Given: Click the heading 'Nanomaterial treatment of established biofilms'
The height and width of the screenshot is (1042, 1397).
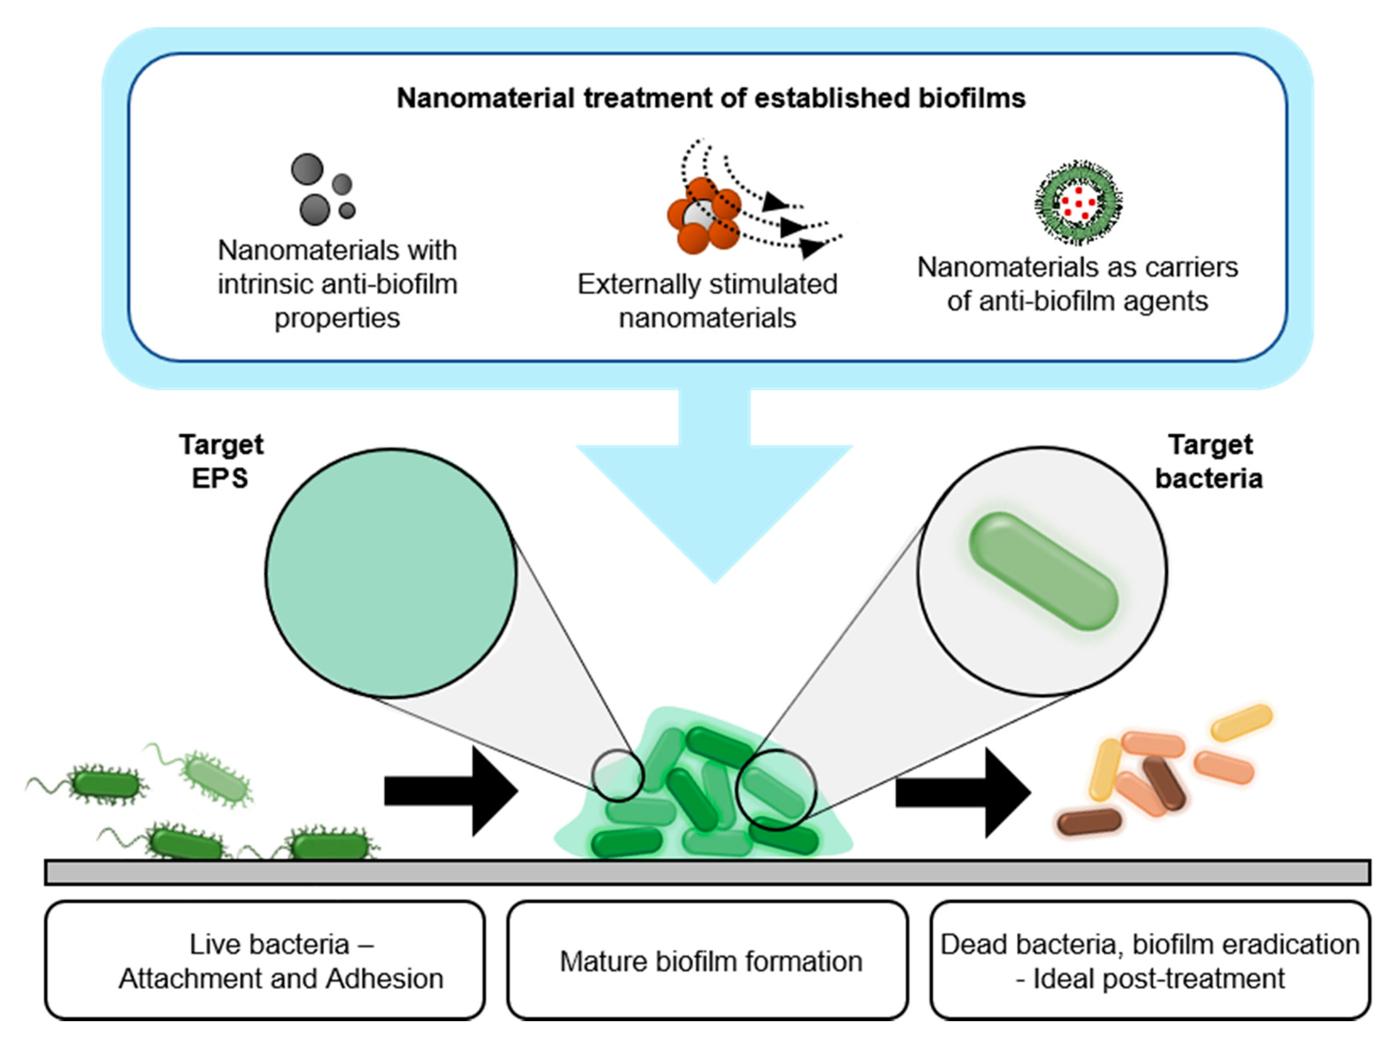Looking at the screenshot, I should coord(710,98).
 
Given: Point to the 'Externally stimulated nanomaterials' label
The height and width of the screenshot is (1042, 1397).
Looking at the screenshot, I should coord(707,301).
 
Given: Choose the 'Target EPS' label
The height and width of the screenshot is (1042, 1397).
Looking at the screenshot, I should coord(220,461).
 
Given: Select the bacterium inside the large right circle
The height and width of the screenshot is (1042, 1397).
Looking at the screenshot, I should coord(1043,571).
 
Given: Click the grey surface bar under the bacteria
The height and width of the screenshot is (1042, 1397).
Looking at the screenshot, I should coord(707,872).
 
